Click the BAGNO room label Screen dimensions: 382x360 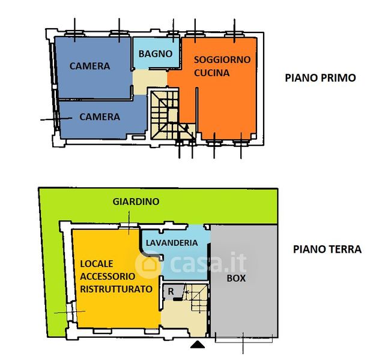tap(156, 54)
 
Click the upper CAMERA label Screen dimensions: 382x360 tap(89, 66)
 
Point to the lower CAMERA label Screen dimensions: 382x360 tap(100, 117)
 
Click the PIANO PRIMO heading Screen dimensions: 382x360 tap(320, 78)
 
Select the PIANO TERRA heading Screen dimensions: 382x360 tap(327, 249)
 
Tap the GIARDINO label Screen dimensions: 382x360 tap(136, 202)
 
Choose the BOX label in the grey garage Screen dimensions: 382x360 tap(235, 278)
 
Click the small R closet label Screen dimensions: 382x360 tap(171, 291)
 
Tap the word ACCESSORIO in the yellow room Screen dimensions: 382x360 tap(106, 277)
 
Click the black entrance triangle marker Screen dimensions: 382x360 tap(197, 344)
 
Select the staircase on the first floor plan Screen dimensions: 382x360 tap(164, 114)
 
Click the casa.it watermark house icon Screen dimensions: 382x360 tap(147, 263)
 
